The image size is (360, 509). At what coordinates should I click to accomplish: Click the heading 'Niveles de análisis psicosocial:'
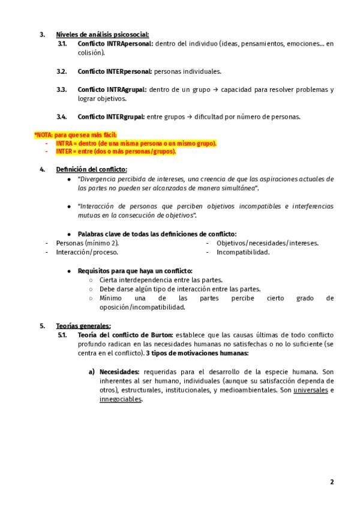coord(103,34)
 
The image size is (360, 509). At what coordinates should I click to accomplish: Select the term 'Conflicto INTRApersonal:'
coord(115,44)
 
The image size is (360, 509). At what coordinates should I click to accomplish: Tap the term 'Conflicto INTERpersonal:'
coord(115,71)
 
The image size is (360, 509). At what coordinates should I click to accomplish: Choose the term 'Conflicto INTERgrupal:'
coord(111,116)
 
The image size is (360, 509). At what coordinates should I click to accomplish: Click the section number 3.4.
coord(62,116)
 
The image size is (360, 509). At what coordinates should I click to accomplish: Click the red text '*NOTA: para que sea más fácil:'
coord(75,135)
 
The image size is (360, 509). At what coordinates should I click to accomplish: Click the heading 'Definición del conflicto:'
coord(91,170)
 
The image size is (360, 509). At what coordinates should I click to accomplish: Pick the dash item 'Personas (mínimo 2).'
coord(87,243)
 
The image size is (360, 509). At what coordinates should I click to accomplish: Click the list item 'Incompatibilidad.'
coord(243,252)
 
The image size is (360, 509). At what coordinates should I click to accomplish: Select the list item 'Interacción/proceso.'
coord(87,252)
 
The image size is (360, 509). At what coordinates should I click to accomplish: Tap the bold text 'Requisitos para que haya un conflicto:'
coord(135,271)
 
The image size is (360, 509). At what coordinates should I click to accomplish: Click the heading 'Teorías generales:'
coord(83,326)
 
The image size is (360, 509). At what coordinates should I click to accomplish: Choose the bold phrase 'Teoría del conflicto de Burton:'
coord(125,334)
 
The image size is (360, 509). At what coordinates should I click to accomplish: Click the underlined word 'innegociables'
coord(121,399)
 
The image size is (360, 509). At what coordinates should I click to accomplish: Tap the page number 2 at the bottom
coord(332,482)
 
